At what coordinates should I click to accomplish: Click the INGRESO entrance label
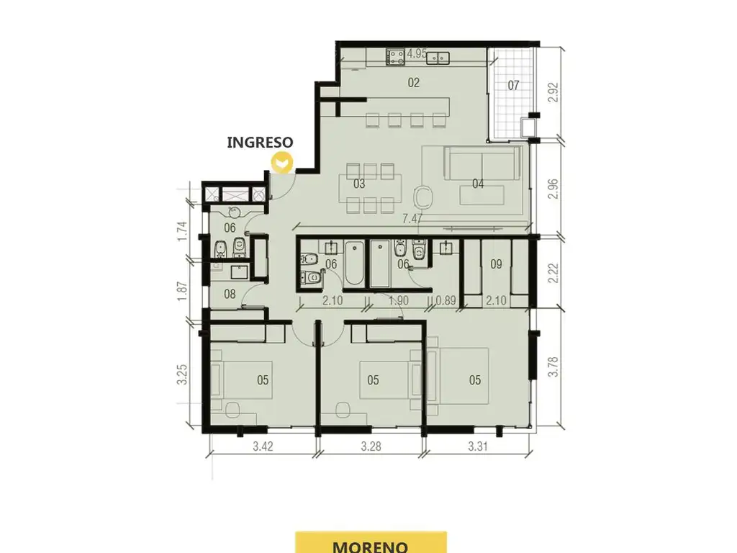(260, 142)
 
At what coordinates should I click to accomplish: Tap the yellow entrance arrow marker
(282, 163)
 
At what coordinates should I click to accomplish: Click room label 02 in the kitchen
(414, 83)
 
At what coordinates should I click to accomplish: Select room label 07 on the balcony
(513, 85)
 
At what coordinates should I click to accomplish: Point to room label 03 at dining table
(359, 184)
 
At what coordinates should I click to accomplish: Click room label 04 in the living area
(478, 184)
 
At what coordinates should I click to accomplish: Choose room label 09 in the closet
(497, 264)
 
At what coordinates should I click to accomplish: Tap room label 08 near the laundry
(230, 295)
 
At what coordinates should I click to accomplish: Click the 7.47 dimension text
(412, 219)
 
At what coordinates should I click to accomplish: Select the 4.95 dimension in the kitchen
(417, 53)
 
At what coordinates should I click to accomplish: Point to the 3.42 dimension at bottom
(263, 446)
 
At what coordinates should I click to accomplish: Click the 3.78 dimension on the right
(553, 367)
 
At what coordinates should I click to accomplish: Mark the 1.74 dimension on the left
(182, 231)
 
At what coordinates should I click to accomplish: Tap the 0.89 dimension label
(446, 300)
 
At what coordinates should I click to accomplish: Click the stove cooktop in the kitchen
(395, 57)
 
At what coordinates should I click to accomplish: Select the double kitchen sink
(437, 58)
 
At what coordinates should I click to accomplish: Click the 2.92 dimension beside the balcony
(553, 93)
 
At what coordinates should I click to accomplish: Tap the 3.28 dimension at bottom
(371, 446)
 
